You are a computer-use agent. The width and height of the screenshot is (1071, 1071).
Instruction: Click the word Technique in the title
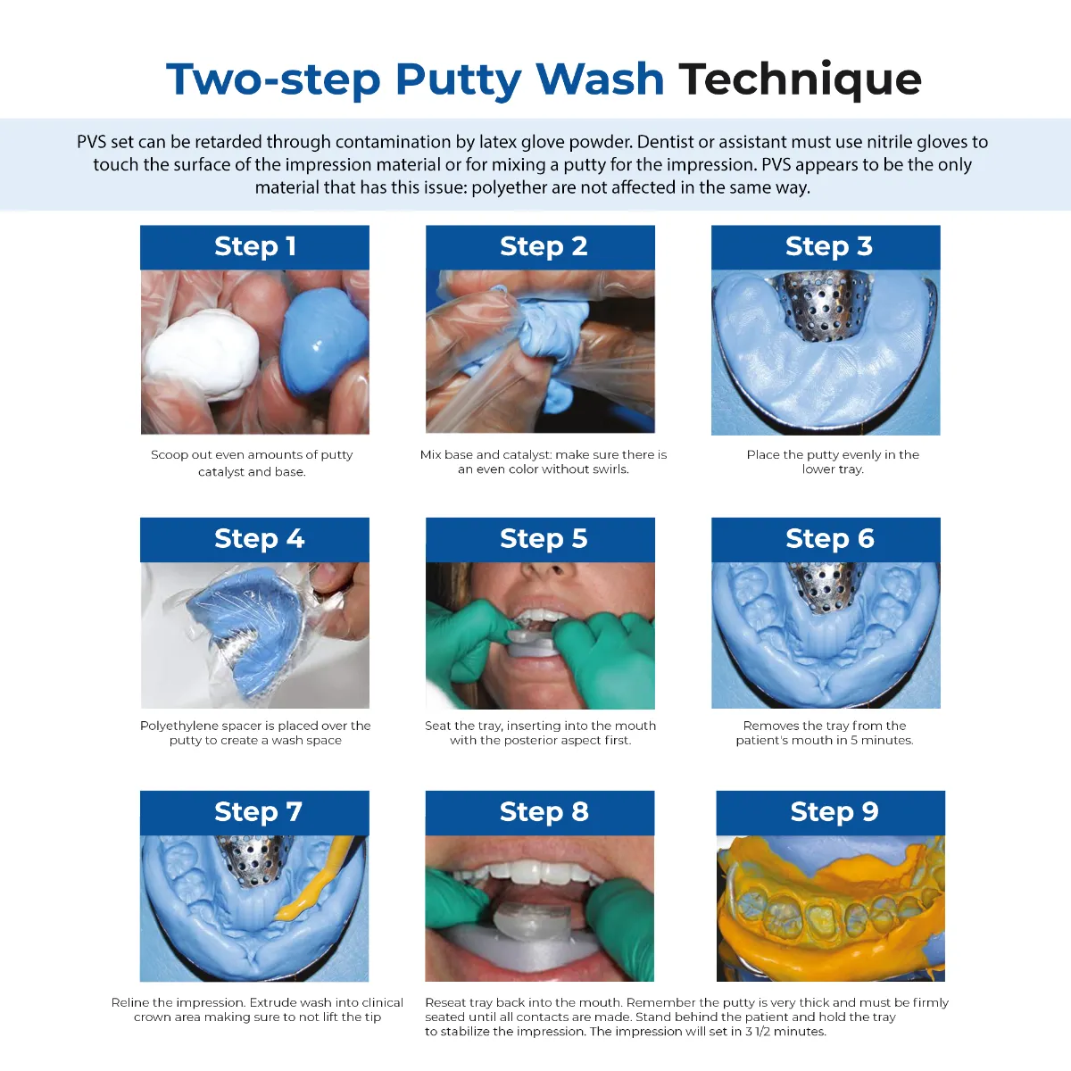pyautogui.click(x=800, y=79)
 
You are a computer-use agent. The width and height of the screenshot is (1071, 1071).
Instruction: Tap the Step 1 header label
pyautogui.click(x=254, y=246)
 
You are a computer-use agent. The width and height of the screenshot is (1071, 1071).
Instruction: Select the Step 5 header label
pyautogui.click(x=543, y=539)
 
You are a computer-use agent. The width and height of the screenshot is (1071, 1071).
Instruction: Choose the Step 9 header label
pyautogui.click(x=834, y=812)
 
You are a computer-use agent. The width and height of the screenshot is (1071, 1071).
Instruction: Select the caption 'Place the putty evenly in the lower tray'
pyautogui.click(x=832, y=461)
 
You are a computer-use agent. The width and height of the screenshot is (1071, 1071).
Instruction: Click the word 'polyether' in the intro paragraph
pyautogui.click(x=506, y=187)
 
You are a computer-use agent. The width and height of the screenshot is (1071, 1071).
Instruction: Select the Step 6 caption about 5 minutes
pyautogui.click(x=825, y=733)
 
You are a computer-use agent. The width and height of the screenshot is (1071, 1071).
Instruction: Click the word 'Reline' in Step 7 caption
pyautogui.click(x=131, y=1002)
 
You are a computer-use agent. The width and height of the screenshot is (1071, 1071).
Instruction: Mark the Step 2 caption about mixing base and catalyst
pyautogui.click(x=543, y=461)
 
